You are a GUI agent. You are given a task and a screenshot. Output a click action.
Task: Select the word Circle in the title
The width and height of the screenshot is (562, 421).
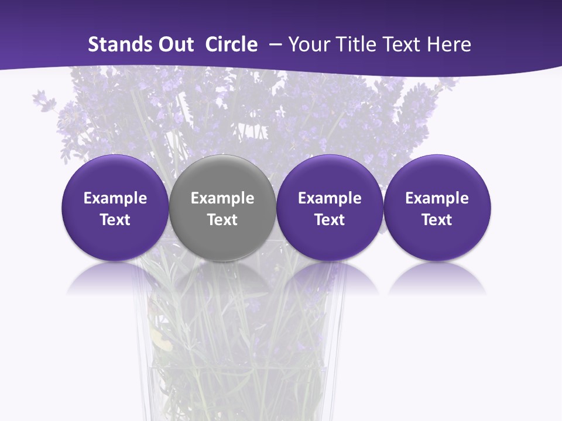coord(231,44)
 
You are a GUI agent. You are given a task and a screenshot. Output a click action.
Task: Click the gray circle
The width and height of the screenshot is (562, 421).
coord(222,208)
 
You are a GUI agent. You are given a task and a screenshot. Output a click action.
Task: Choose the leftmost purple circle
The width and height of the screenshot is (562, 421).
coord(115,208)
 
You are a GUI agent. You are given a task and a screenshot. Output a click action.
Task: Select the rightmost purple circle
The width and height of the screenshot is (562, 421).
coord(437,208)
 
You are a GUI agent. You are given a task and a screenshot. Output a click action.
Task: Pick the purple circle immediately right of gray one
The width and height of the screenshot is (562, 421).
coord(330,208)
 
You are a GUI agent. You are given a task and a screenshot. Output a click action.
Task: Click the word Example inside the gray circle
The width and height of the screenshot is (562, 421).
coord(222,198)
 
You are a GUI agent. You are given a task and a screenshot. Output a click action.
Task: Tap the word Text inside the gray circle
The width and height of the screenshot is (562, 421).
coord(222,220)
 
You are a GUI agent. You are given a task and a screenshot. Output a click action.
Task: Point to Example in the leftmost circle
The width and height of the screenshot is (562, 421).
coord(115,198)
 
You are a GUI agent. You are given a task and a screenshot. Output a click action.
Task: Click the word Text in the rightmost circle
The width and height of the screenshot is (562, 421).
coord(437,220)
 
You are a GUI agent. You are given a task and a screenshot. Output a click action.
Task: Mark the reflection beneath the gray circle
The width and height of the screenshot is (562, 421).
coord(222,278)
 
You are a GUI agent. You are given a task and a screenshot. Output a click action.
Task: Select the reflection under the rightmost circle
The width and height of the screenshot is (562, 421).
coord(437,278)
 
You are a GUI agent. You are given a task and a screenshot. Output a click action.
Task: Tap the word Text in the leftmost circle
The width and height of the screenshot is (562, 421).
coord(115,220)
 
